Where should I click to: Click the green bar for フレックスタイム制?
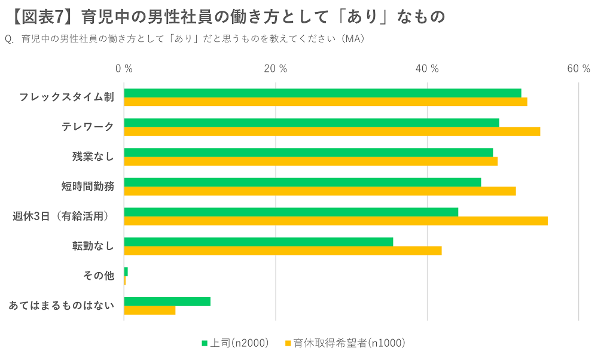tap(322, 93)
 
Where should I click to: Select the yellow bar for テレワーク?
tap(332, 132)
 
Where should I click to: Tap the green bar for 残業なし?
tap(308, 152)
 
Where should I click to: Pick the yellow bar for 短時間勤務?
tap(319, 191)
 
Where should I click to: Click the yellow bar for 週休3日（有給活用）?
tap(335, 221)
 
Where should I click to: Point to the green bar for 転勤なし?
tap(258, 242)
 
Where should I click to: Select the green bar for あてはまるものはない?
tap(167, 301)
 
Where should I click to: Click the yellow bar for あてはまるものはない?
tap(150, 310)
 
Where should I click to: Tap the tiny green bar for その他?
tap(126, 272)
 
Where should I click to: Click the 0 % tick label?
tap(124, 69)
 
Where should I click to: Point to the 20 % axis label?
tap(275, 69)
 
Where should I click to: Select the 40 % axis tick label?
tap(427, 69)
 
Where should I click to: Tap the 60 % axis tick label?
tap(578, 69)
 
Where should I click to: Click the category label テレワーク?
tap(87, 127)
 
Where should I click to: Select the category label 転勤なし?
tap(93, 246)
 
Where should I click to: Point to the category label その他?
tap(99, 276)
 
